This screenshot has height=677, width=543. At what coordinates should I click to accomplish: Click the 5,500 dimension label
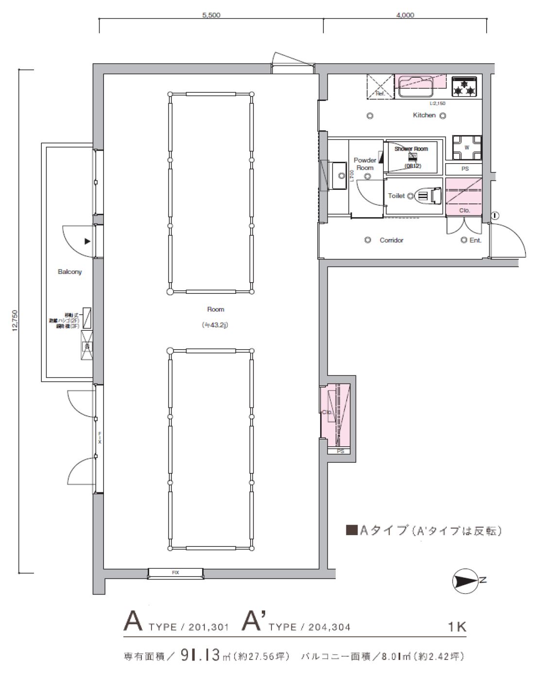[211, 15]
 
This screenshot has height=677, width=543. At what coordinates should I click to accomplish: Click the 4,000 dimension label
[405, 15]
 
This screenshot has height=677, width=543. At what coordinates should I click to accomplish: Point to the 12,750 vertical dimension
[15, 321]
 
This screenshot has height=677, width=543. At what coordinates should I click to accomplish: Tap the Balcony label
[70, 272]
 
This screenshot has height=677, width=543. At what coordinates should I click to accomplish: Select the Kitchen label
[424, 115]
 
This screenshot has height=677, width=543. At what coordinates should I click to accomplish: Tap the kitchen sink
[416, 88]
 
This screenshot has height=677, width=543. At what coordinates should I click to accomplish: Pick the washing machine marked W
[467, 148]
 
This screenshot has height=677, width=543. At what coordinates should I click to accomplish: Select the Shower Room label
[411, 149]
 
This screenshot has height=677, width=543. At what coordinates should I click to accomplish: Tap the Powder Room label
[365, 164]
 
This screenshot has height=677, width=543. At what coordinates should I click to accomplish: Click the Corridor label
[391, 240]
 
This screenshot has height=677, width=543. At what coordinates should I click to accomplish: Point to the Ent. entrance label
[475, 240]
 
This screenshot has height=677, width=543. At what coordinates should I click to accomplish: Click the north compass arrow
[465, 580]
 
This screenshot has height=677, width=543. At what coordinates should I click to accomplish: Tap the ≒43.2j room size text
[216, 325]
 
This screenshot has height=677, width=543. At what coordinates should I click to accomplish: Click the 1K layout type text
[457, 626]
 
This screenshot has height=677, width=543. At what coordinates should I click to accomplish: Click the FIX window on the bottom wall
[176, 574]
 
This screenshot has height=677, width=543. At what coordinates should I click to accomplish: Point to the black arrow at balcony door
[87, 241]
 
